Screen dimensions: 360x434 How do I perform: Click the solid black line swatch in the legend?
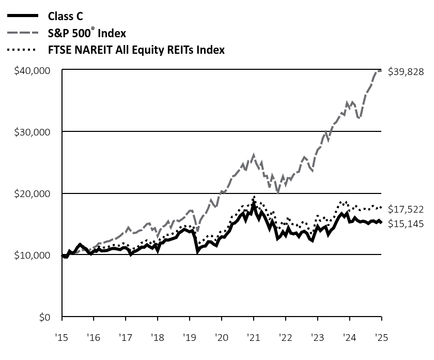click(x=22, y=16)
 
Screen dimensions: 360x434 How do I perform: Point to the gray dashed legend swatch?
click(x=22, y=33)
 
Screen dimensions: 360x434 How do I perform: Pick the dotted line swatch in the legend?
click(x=22, y=50)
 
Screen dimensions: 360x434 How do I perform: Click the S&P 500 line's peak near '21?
click(x=254, y=154)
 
